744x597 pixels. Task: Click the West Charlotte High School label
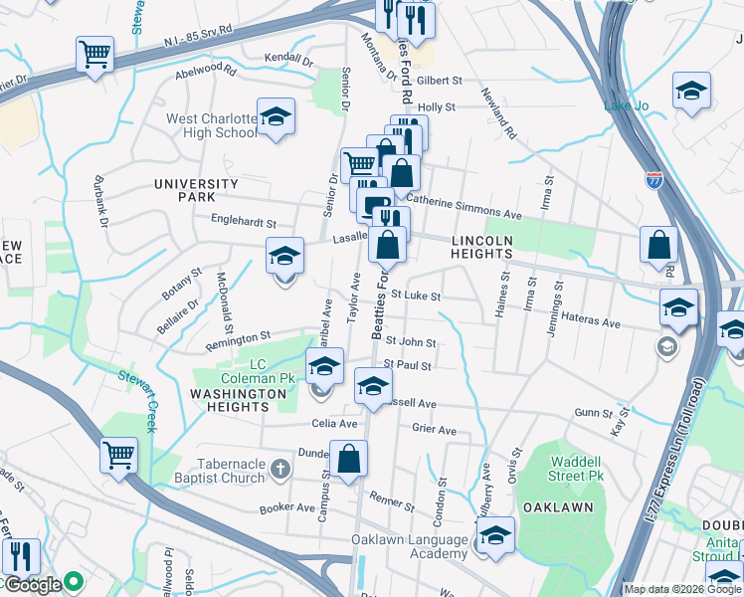pos(211,125)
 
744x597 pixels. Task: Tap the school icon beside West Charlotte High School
pos(276,117)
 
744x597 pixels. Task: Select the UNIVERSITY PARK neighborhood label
pos(196,190)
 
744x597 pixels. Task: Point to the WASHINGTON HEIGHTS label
pos(239,401)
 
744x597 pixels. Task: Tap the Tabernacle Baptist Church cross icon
pos(281,468)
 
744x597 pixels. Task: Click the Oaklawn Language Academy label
pos(409,547)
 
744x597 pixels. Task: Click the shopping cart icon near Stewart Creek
pos(118,457)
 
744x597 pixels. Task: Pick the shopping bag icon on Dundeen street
pos(349,461)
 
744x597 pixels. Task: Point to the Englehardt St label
pos(243,224)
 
